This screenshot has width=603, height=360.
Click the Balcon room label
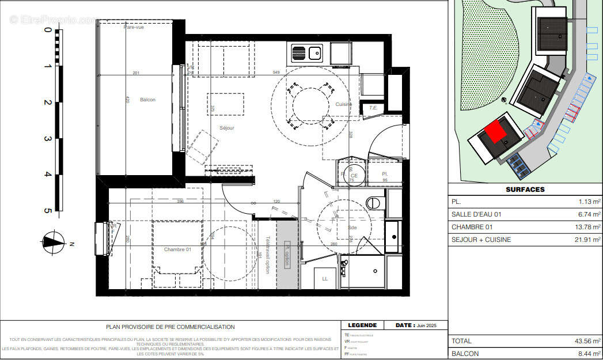pyautogui.click(x=148, y=100)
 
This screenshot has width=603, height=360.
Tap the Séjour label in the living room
pyautogui.click(x=226, y=128)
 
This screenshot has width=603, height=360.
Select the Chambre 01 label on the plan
pyautogui.click(x=177, y=249)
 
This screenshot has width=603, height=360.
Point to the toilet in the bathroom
pyautogui.click(x=376, y=203)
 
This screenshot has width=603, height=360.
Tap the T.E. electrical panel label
pyautogui.click(x=373, y=108)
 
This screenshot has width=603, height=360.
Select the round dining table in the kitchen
pyautogui.click(x=309, y=103)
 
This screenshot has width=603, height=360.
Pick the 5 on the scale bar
pyautogui.click(x=47, y=211)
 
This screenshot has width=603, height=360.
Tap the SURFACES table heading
pyautogui.click(x=525, y=190)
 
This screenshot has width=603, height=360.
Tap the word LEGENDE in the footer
pyautogui.click(x=362, y=325)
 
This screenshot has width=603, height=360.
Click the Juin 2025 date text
pyautogui.click(x=427, y=325)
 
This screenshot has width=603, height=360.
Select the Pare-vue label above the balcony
pyautogui.click(x=134, y=27)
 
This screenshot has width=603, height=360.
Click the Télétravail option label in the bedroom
pyautogui.click(x=268, y=255)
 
